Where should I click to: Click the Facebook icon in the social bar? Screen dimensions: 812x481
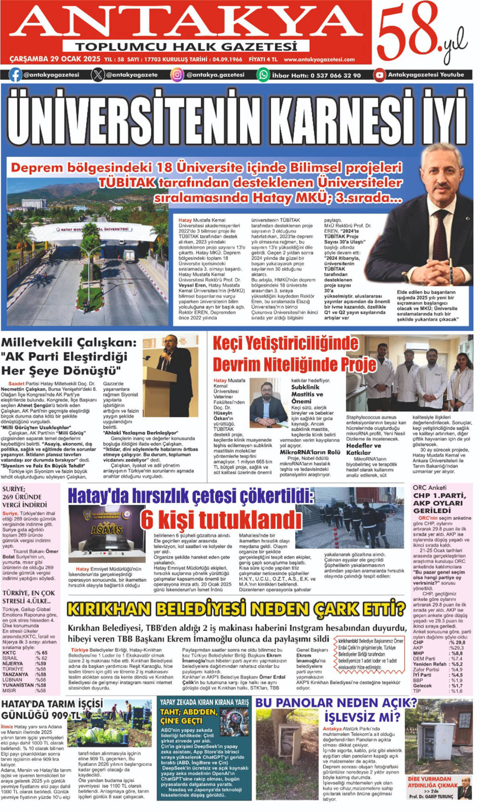point(15,75)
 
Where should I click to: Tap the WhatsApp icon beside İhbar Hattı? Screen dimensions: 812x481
point(263,75)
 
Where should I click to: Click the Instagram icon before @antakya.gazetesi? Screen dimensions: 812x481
point(177,75)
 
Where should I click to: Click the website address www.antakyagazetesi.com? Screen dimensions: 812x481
point(319,60)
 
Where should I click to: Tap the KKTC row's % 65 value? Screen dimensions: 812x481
point(41,653)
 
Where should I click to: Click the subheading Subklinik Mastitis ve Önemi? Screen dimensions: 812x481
point(307,394)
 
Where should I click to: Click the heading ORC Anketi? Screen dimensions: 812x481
point(429,488)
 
